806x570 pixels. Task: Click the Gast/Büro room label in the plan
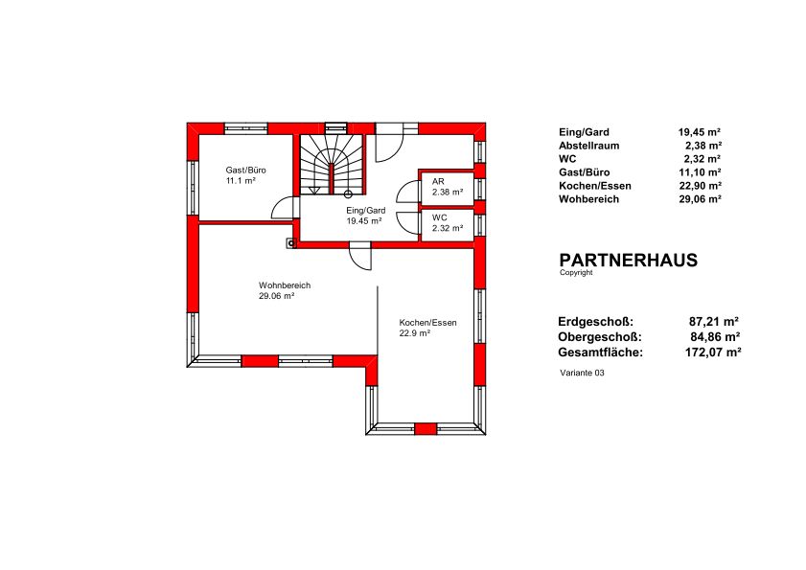point(245,171)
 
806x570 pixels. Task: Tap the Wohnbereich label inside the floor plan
point(285,285)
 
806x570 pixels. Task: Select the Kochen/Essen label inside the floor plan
point(427,323)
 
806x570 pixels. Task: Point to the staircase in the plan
point(332,165)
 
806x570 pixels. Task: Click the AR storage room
point(448,187)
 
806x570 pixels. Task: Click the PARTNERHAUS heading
point(628,260)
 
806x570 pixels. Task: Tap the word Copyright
point(576,273)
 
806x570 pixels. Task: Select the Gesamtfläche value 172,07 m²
point(713,353)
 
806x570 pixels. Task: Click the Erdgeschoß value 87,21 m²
point(713,322)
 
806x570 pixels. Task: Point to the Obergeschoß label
point(600,337)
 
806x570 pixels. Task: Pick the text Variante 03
point(582,374)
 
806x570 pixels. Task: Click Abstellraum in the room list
point(589,146)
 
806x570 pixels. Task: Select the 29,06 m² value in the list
point(700,199)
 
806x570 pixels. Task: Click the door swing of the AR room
point(408,192)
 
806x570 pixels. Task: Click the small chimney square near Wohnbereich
point(291,243)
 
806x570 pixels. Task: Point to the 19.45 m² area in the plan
point(364,221)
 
